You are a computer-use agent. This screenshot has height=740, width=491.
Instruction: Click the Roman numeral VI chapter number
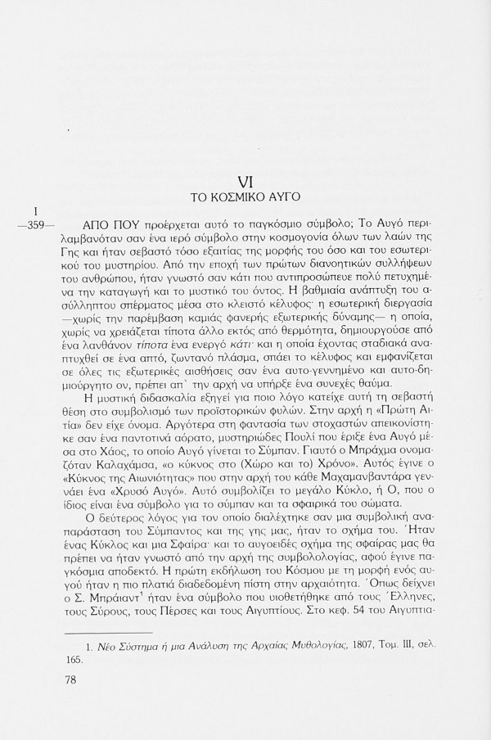245,180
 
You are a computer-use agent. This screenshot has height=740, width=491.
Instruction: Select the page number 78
71,703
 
